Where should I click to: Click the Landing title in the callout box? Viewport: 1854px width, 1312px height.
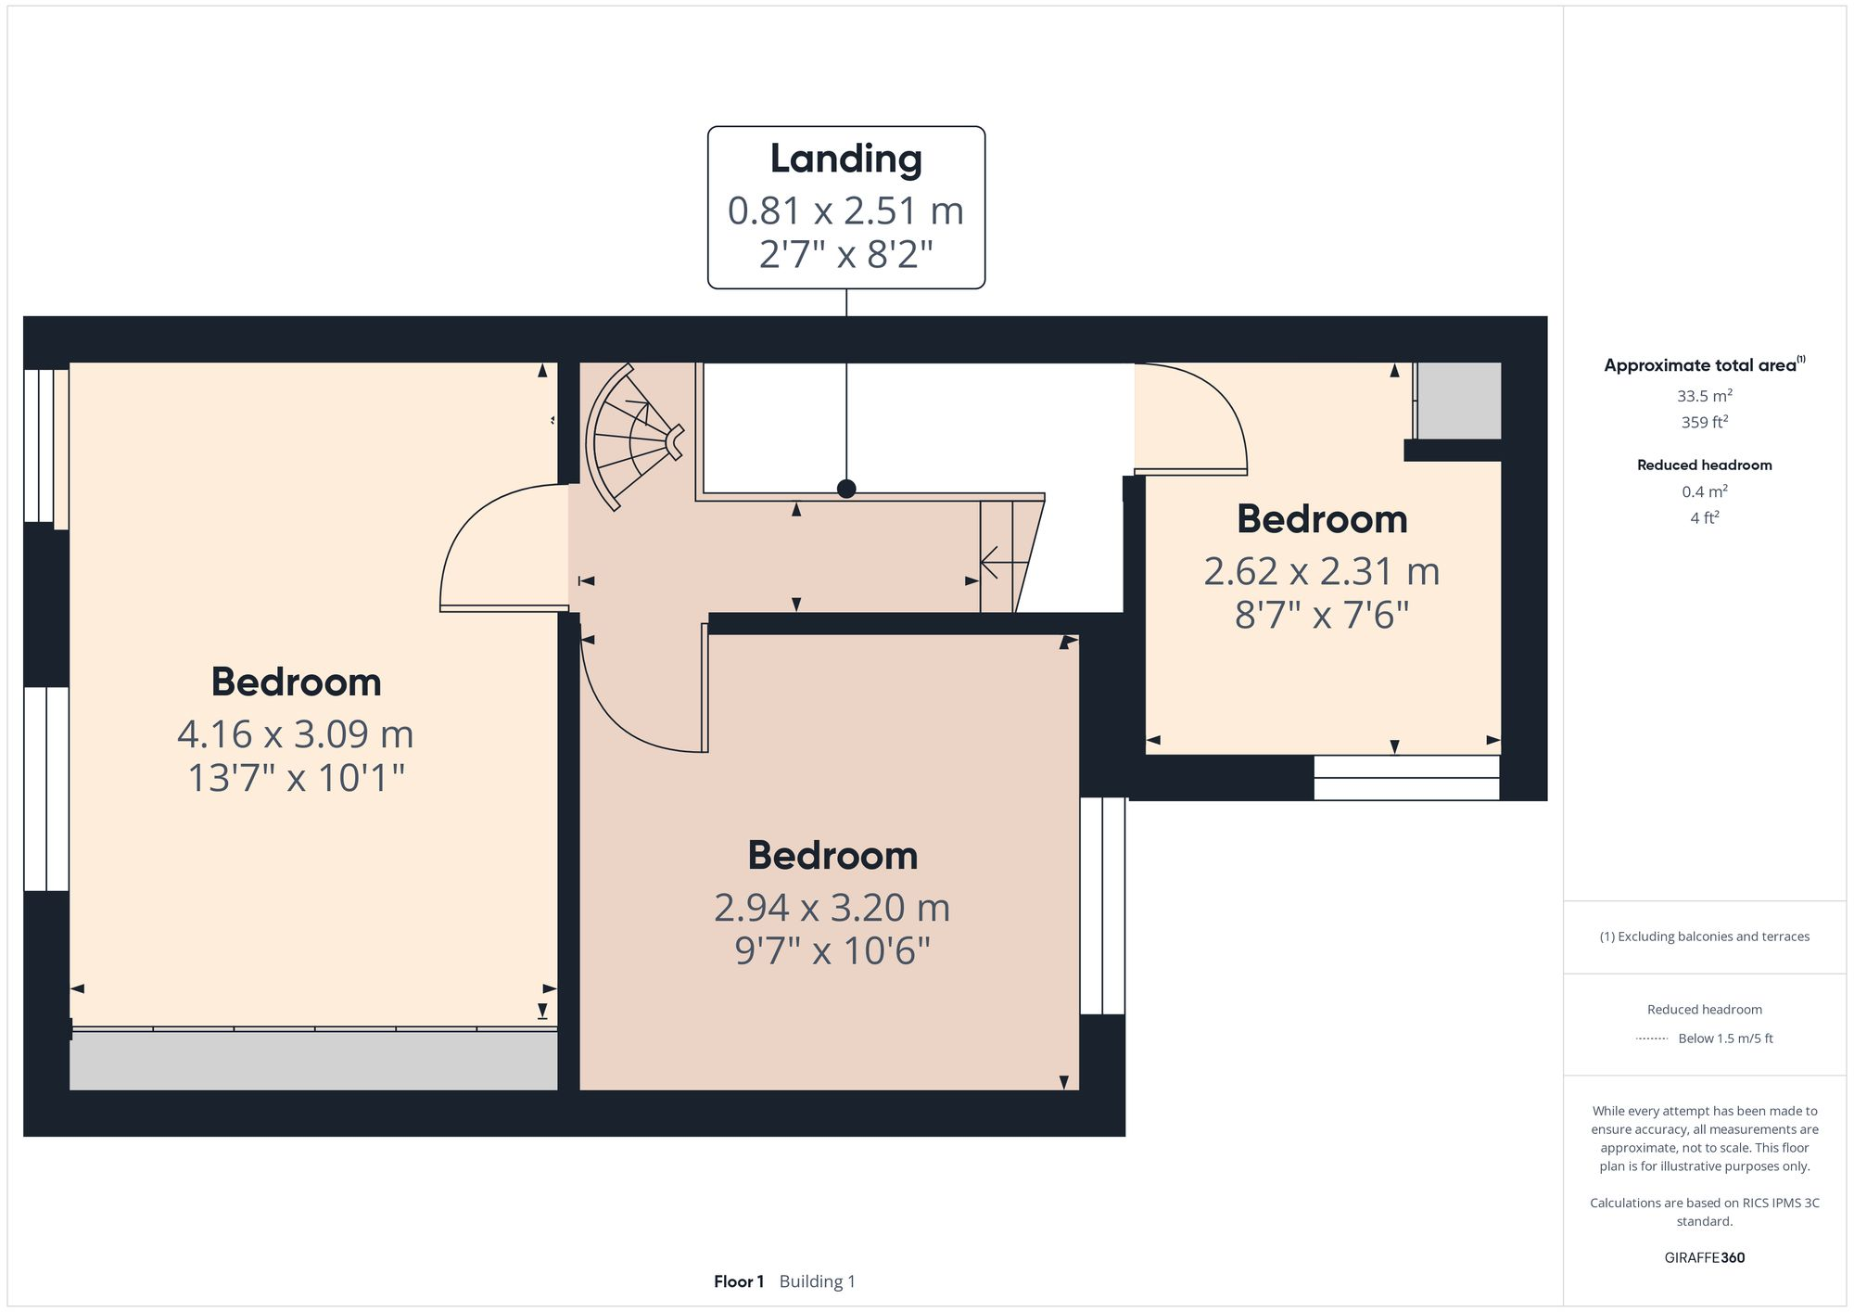click(x=845, y=159)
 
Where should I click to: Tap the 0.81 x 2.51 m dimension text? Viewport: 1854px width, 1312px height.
click(x=845, y=211)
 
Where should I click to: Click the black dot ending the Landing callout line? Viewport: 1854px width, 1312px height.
click(x=846, y=489)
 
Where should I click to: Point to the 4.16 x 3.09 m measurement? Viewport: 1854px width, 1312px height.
click(x=295, y=734)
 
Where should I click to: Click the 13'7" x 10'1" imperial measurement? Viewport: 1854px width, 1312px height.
click(x=296, y=778)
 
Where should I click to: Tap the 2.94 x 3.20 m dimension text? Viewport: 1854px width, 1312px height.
click(x=832, y=908)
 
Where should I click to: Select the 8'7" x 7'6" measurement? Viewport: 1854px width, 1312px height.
click(x=1321, y=616)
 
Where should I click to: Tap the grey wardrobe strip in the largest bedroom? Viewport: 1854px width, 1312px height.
click(x=313, y=1061)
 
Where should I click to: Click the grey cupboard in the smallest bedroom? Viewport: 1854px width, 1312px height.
click(x=1459, y=401)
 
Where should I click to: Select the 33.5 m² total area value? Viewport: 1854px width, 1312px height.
click(x=1704, y=396)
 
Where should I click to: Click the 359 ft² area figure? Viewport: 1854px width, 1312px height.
click(x=1704, y=423)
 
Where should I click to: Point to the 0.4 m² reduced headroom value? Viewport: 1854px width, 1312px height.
click(x=1704, y=492)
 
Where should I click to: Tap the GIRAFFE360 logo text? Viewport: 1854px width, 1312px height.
click(x=1704, y=1258)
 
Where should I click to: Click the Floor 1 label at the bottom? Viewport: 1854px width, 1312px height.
click(x=738, y=1281)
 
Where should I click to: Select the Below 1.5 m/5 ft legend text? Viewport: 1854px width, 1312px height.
click(x=1724, y=1038)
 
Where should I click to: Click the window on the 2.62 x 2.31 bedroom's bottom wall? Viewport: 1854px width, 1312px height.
click(x=1406, y=778)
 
